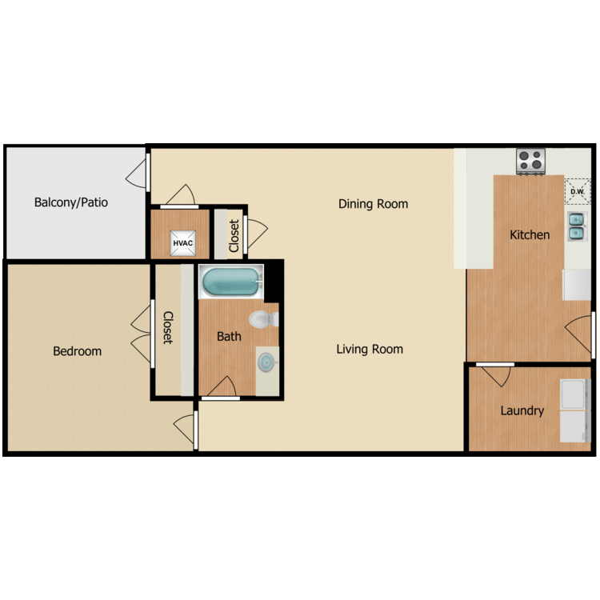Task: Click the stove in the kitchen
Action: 530,160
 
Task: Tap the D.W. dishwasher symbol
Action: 577,190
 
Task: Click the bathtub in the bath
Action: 230,282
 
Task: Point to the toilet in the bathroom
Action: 262,320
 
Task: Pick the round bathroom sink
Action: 266,362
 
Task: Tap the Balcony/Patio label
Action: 70,202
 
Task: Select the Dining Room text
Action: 373,204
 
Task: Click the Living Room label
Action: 370,349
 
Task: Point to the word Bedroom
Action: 78,351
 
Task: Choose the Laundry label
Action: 522,410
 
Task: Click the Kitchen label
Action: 530,234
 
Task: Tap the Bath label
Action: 229,337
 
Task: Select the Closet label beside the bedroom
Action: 168,328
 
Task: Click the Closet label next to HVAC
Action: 234,236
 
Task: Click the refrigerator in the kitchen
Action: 577,285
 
